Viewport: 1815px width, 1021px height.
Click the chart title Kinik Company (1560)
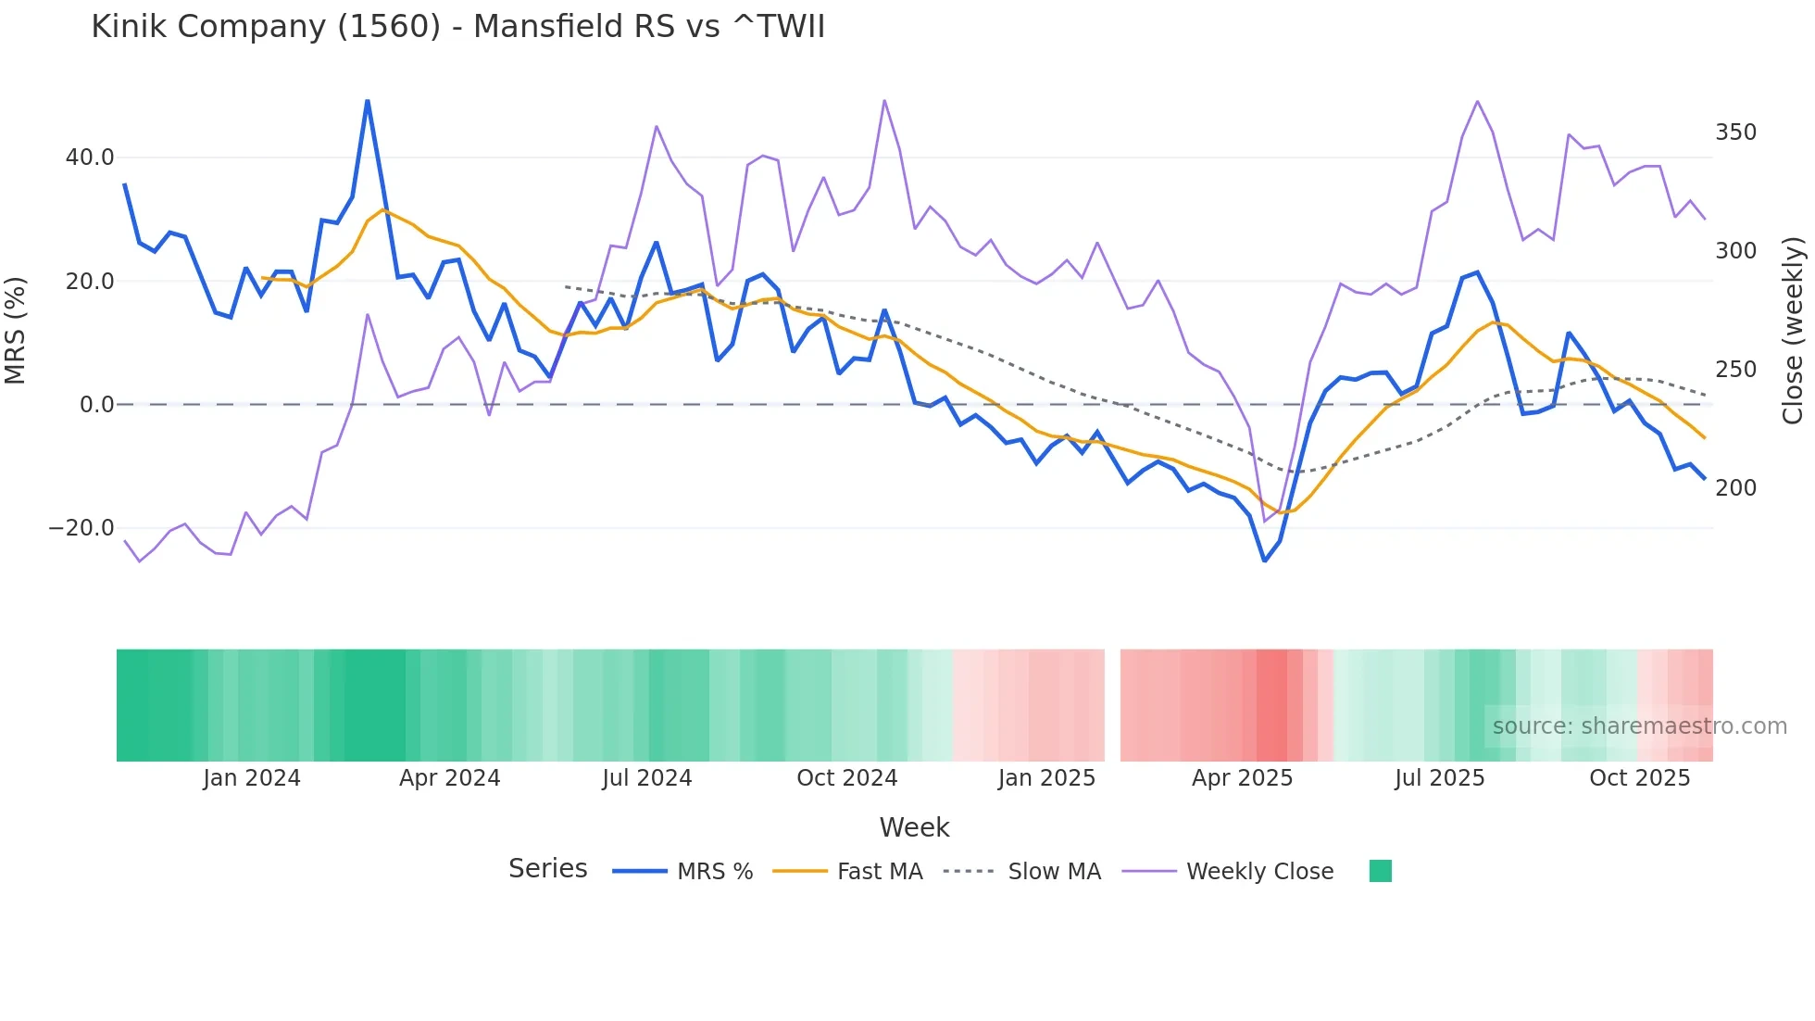[x=457, y=27]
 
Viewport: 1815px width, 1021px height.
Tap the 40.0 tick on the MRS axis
[x=90, y=158]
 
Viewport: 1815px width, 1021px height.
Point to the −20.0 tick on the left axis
[x=81, y=528]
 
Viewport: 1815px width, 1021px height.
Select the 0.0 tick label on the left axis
[x=96, y=405]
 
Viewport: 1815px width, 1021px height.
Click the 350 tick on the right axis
[x=1735, y=132]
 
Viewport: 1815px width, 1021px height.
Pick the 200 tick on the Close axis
[x=1735, y=488]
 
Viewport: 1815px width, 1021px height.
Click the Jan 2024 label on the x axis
[x=252, y=778]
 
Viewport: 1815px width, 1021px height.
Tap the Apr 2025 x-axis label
[x=1242, y=778]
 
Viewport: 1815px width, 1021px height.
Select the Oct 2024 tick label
[x=846, y=778]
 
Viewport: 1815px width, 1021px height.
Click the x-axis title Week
[x=914, y=827]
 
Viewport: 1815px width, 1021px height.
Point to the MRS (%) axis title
[x=16, y=330]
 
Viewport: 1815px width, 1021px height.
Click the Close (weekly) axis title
[x=1793, y=330]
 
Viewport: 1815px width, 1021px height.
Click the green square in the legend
[x=1380, y=871]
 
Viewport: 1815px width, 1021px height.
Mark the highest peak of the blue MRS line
[x=368, y=101]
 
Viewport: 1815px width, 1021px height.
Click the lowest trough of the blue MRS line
[x=1265, y=561]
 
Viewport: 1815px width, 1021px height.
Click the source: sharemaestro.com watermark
[x=1639, y=726]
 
